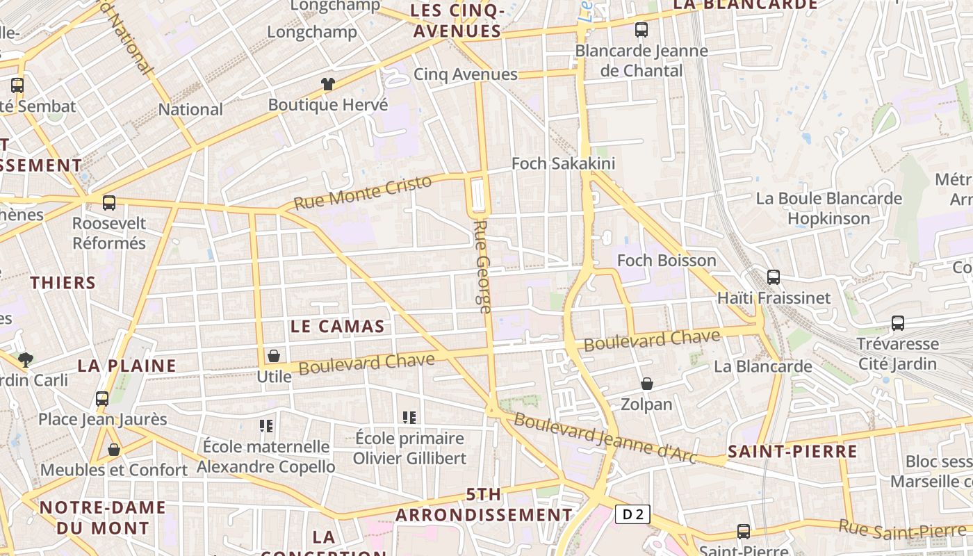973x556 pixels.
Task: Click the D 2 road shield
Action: pos(632,514)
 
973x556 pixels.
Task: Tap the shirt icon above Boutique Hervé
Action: pos(328,84)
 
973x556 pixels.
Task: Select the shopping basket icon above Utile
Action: pos(274,356)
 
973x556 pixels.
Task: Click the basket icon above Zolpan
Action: pos(646,384)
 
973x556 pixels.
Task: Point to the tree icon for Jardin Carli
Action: pos(26,359)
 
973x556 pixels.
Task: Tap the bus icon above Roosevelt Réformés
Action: pos(109,203)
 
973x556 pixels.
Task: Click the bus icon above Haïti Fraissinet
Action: pos(774,277)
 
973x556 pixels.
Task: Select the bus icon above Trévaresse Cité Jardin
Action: pos(898,323)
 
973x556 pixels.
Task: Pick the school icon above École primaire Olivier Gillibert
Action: pos(409,418)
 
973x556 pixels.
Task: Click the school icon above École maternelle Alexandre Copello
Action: pos(265,425)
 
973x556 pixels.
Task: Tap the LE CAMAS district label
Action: pos(337,326)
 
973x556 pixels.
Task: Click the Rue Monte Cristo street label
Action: pos(362,193)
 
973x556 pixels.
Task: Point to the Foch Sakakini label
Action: pos(563,163)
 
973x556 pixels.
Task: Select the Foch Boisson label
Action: pos(667,261)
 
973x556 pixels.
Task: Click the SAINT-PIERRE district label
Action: pos(792,452)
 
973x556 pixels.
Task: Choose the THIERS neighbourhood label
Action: pos(63,282)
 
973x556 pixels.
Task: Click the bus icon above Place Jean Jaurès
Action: pos(102,399)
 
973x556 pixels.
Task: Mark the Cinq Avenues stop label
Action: pos(466,74)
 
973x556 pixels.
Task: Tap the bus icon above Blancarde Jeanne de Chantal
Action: pos(641,30)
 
